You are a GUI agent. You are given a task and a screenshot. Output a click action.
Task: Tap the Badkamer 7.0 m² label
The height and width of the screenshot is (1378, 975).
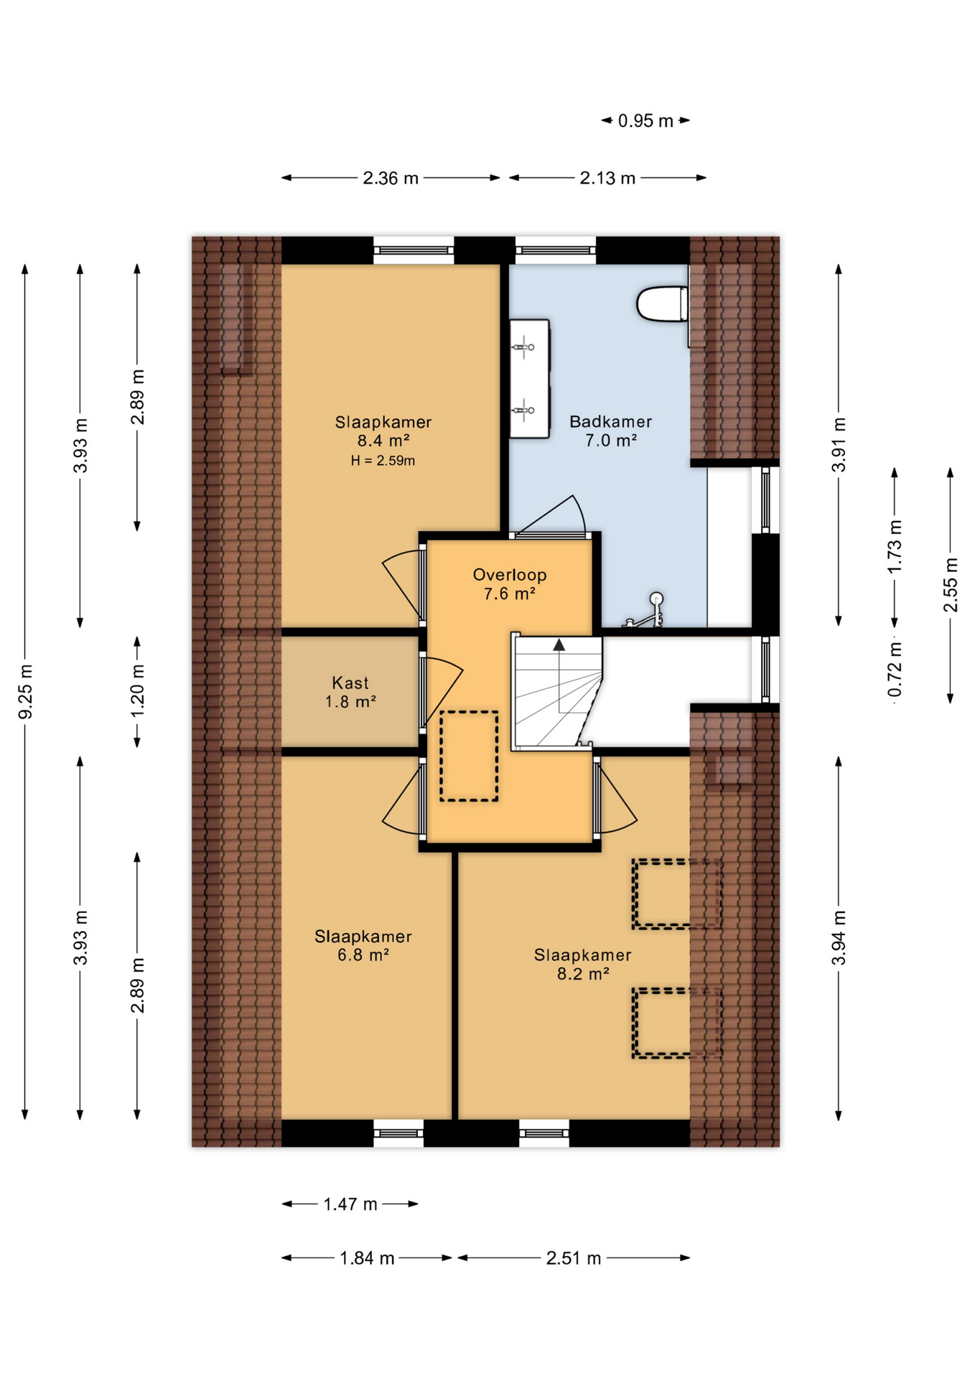coord(611,431)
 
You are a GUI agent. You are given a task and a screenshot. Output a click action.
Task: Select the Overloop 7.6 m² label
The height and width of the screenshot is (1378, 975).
coord(510,584)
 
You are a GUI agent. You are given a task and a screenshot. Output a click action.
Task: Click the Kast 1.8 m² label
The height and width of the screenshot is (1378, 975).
coord(350,693)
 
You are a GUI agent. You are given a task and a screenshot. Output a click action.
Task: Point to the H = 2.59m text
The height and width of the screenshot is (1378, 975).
coord(383,461)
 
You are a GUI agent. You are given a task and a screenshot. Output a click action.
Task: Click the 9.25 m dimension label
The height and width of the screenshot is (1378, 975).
coord(25,692)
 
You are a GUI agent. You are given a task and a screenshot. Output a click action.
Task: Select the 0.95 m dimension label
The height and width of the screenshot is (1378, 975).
coord(645,121)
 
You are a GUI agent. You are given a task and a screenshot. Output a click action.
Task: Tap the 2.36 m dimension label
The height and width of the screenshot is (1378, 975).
coord(391,178)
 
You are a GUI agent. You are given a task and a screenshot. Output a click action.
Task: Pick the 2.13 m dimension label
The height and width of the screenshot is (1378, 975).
coord(607,178)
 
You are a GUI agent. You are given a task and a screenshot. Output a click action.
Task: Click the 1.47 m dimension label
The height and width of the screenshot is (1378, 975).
coord(350,1204)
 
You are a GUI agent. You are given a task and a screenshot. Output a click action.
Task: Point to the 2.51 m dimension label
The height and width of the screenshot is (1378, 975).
coord(574,1257)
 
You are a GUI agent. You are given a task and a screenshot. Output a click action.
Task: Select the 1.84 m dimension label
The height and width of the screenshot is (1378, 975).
coord(367,1257)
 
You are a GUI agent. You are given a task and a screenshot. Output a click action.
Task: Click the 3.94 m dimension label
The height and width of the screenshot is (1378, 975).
coord(839,937)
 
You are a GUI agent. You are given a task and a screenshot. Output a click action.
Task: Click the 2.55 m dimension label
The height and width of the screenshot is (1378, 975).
coord(951,585)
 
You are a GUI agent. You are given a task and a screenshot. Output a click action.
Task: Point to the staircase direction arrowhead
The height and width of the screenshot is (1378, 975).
coord(559,645)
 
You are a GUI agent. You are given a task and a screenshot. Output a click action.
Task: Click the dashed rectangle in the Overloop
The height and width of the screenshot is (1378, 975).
coord(469,756)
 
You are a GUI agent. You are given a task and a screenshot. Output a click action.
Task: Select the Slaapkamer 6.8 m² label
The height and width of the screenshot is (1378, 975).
coord(363,946)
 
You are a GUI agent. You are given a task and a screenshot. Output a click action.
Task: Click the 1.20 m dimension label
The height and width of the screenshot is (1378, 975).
coord(137,692)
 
